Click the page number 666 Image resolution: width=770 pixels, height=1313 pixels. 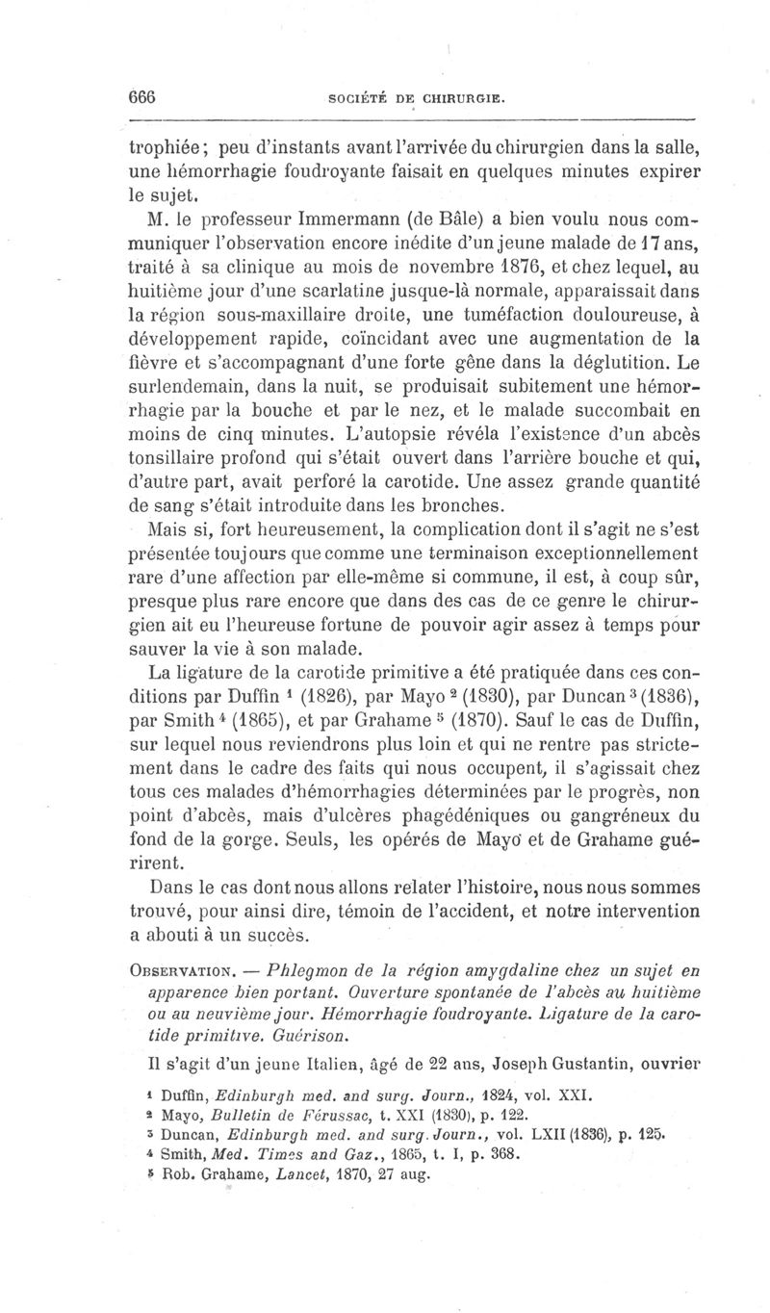[141, 97]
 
